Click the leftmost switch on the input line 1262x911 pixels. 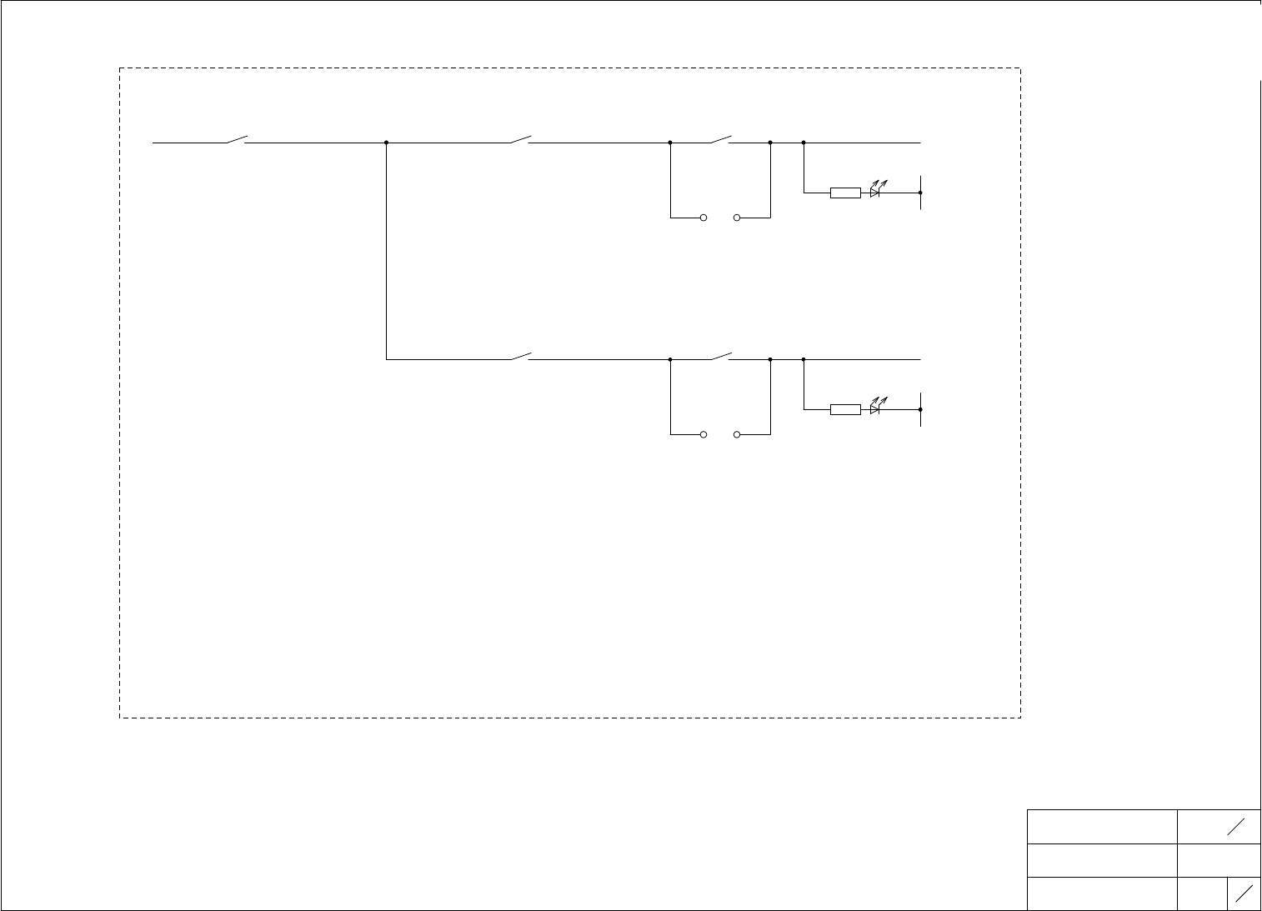click(x=236, y=139)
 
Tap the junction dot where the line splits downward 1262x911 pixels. click(x=387, y=143)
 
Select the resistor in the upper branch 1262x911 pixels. click(x=845, y=193)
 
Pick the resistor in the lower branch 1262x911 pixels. click(x=845, y=409)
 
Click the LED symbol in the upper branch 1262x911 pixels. click(x=875, y=191)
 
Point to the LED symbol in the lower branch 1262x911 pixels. click(x=875, y=408)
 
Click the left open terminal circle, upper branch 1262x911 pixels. click(x=704, y=218)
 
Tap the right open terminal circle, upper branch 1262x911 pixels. click(x=737, y=218)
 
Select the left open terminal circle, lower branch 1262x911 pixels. click(x=704, y=435)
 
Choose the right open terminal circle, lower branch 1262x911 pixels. click(x=737, y=435)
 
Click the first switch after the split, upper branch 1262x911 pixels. click(x=520, y=139)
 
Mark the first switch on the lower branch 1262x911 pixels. click(x=520, y=356)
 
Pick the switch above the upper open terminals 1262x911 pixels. click(x=720, y=139)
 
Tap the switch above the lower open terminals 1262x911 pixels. click(x=720, y=356)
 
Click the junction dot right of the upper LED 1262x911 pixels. click(x=920, y=193)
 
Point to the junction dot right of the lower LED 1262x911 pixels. click(x=920, y=409)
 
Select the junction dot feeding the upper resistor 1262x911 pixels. click(x=804, y=143)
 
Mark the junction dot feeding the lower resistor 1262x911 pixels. click(x=804, y=359)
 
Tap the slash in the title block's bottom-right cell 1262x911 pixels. click(x=1244, y=893)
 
